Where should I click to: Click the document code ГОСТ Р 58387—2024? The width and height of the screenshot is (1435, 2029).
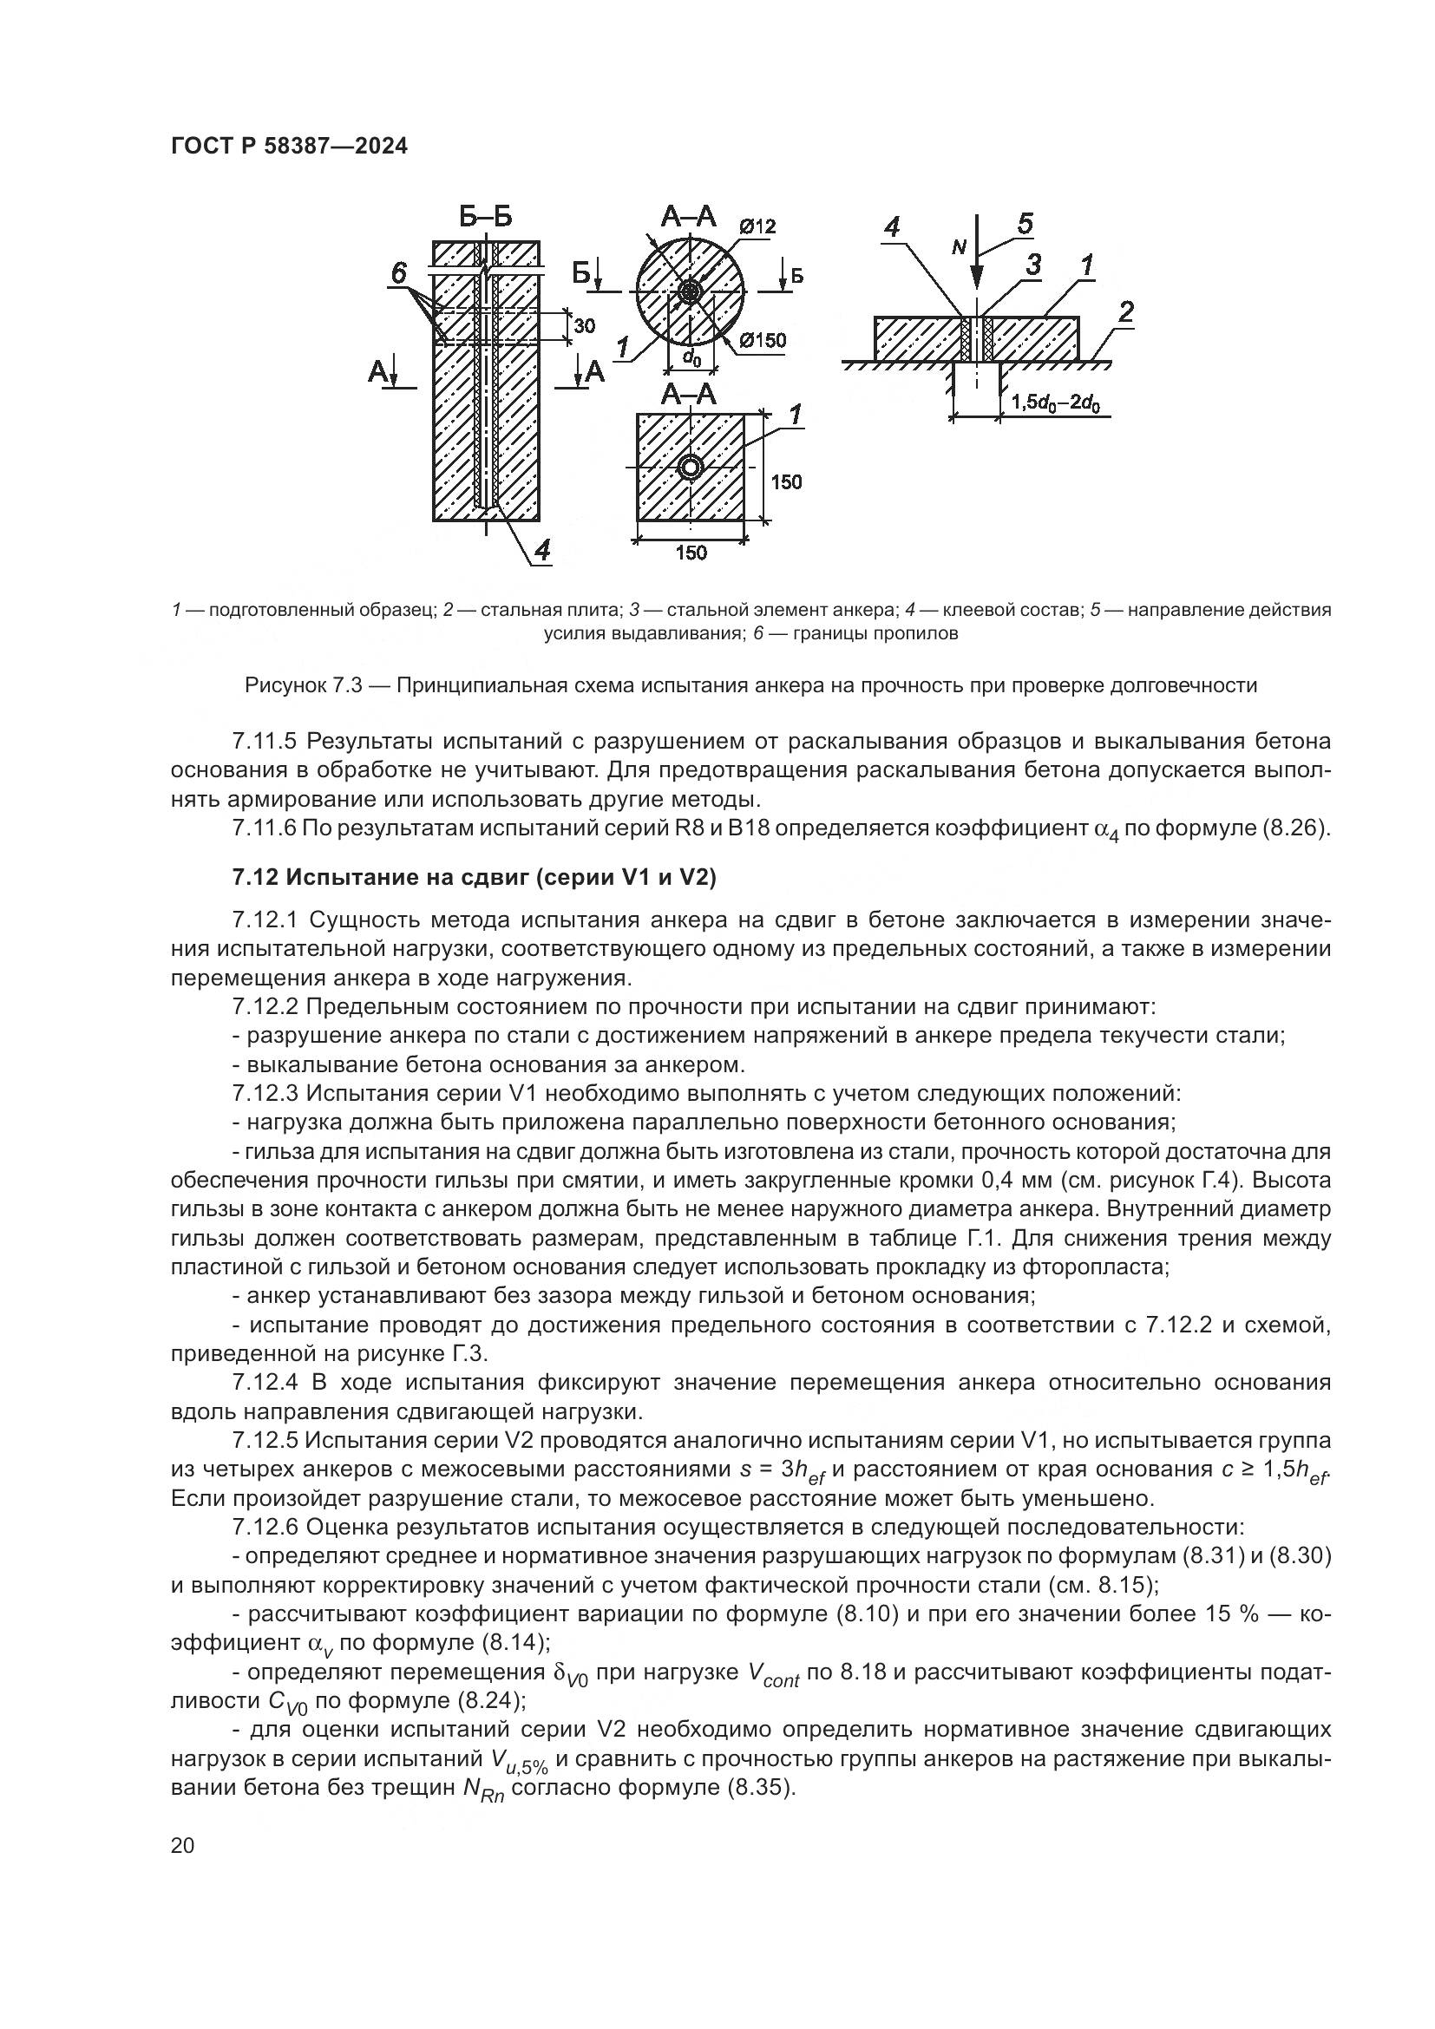pyautogui.click(x=289, y=147)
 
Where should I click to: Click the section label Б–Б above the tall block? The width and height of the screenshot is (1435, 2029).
pyautogui.click(x=485, y=217)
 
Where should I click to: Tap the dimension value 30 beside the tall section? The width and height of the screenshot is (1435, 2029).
pyautogui.click(x=585, y=325)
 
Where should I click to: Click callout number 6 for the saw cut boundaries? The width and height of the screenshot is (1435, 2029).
pyautogui.click(x=398, y=273)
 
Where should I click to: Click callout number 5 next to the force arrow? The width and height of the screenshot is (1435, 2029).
pyautogui.click(x=1024, y=224)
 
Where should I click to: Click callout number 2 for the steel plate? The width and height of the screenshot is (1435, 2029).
pyautogui.click(x=1125, y=312)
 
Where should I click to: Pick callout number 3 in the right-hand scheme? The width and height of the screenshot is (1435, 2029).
pyautogui.click(x=1032, y=265)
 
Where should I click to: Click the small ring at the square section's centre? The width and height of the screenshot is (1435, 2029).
pyautogui.click(x=690, y=468)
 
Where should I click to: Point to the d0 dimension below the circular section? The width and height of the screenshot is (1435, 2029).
pyautogui.click(x=691, y=358)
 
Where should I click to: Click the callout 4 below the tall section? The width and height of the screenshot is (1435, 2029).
pyautogui.click(x=541, y=550)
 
